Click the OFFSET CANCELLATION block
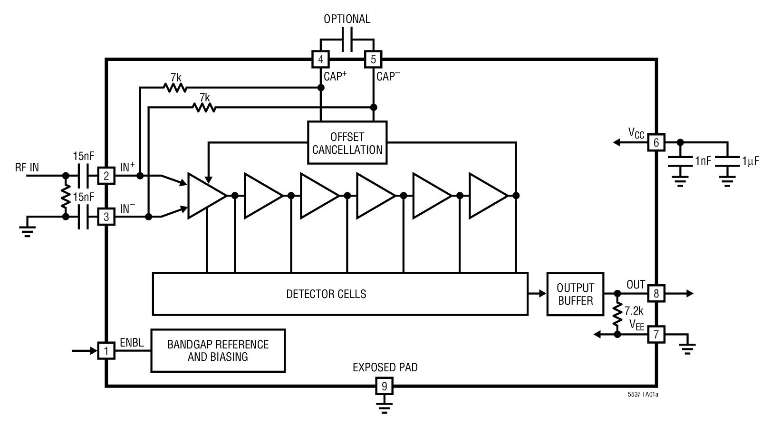click(x=347, y=143)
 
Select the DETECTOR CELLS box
click(x=340, y=294)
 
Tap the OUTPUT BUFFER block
click(x=575, y=294)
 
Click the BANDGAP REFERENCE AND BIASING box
click(x=218, y=350)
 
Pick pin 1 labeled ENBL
click(x=106, y=351)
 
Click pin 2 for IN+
click(x=106, y=176)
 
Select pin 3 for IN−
click(x=106, y=217)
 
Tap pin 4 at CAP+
click(x=321, y=60)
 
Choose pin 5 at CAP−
click(x=373, y=60)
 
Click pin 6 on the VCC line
click(x=656, y=142)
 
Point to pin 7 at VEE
click(x=656, y=334)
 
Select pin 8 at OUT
click(x=656, y=293)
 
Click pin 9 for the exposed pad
click(x=384, y=386)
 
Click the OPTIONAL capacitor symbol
click(x=347, y=40)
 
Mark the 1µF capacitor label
click(x=750, y=161)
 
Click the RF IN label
click(x=27, y=167)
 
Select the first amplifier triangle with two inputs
click(x=205, y=196)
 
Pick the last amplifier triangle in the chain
click(x=486, y=196)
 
